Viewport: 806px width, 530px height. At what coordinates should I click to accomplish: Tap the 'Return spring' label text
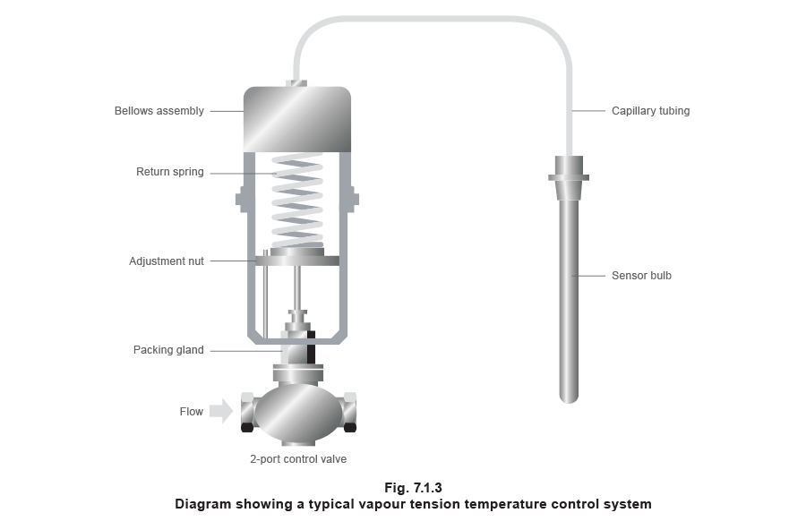click(x=169, y=172)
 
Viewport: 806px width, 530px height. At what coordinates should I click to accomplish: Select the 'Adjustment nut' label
click(x=167, y=261)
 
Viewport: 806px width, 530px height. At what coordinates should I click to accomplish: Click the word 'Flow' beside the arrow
click(x=191, y=411)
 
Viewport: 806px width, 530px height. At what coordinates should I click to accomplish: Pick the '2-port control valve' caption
click(x=296, y=458)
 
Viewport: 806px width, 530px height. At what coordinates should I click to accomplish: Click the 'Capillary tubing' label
click(x=651, y=112)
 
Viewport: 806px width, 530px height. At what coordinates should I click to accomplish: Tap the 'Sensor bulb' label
click(x=640, y=276)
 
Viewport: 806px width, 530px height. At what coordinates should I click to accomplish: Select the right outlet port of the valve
click(x=348, y=412)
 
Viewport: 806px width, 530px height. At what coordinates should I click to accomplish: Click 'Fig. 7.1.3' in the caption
click(x=413, y=488)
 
